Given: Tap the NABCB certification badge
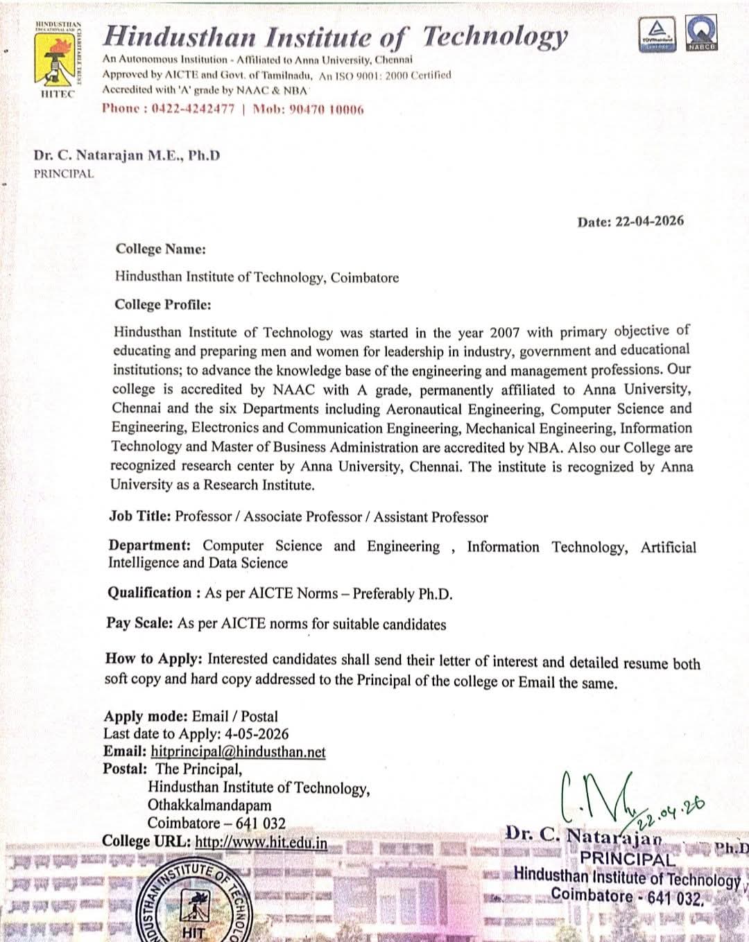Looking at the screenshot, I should click(x=701, y=34).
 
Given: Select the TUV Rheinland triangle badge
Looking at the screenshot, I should click(x=655, y=34).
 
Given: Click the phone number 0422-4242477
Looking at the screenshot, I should click(x=193, y=109).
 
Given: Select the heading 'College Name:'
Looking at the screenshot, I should click(x=160, y=249).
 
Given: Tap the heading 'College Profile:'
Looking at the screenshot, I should click(x=163, y=304).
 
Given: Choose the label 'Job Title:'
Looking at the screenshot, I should click(x=139, y=516).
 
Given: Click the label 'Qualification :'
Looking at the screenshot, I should click(x=154, y=593).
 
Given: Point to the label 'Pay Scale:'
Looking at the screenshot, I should click(x=139, y=623).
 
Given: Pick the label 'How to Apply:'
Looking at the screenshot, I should click(x=153, y=659).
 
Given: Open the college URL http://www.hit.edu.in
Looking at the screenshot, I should click(x=261, y=841).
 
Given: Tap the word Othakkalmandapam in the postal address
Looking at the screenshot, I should click(x=209, y=805).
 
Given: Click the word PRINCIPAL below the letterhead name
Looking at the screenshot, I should click(x=63, y=174).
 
